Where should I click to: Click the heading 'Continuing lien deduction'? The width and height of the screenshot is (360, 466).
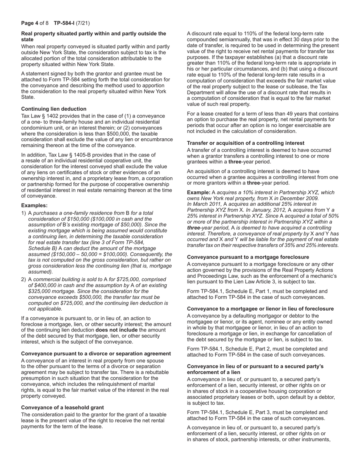[x=54, y=109]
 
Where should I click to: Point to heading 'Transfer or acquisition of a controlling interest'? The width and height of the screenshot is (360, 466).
[x=246, y=143]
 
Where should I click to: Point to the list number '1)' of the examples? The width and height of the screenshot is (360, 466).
[x=23, y=213]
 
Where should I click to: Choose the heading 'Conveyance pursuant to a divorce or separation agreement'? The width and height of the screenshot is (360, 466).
[x=96, y=353]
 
